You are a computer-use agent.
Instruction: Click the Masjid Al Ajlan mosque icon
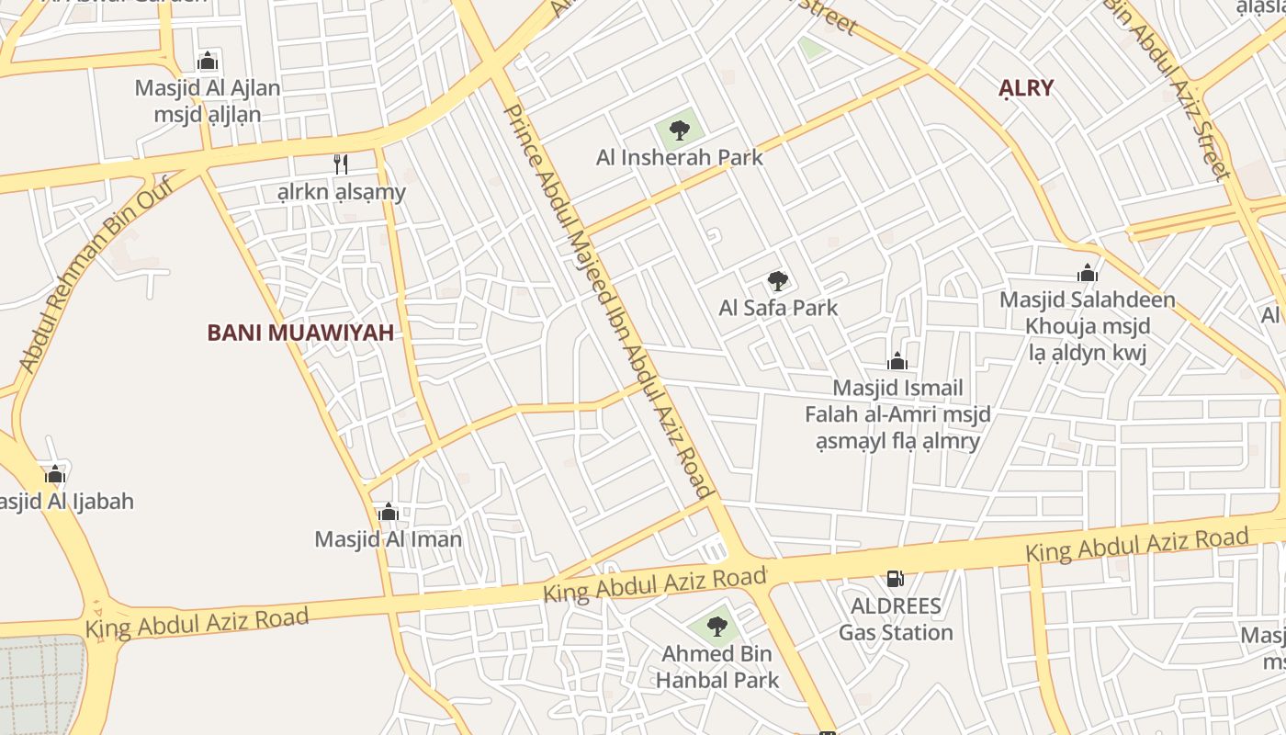click(208, 62)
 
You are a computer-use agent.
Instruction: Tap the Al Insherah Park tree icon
click(679, 130)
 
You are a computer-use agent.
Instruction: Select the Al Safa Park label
click(778, 308)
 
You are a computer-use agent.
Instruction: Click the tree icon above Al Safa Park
click(777, 280)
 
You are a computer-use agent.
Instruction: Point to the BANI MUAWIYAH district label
click(300, 333)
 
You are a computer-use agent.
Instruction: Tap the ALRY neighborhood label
click(1026, 88)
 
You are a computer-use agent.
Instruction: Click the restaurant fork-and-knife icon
click(340, 164)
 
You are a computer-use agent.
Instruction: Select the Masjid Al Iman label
click(388, 539)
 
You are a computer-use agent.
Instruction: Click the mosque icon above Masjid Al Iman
click(388, 512)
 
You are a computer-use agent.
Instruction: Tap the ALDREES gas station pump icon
click(895, 579)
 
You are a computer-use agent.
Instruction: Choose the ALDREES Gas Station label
click(896, 619)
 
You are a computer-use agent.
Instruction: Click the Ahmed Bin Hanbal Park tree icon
click(716, 628)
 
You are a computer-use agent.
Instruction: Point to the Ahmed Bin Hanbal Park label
click(716, 667)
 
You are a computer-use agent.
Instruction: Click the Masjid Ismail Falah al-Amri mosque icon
click(897, 361)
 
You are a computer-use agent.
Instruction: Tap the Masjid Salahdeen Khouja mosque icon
click(1088, 273)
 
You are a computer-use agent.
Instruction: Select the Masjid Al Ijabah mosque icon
click(55, 474)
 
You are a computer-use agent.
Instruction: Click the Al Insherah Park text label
click(680, 157)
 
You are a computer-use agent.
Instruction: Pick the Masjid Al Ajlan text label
click(208, 101)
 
